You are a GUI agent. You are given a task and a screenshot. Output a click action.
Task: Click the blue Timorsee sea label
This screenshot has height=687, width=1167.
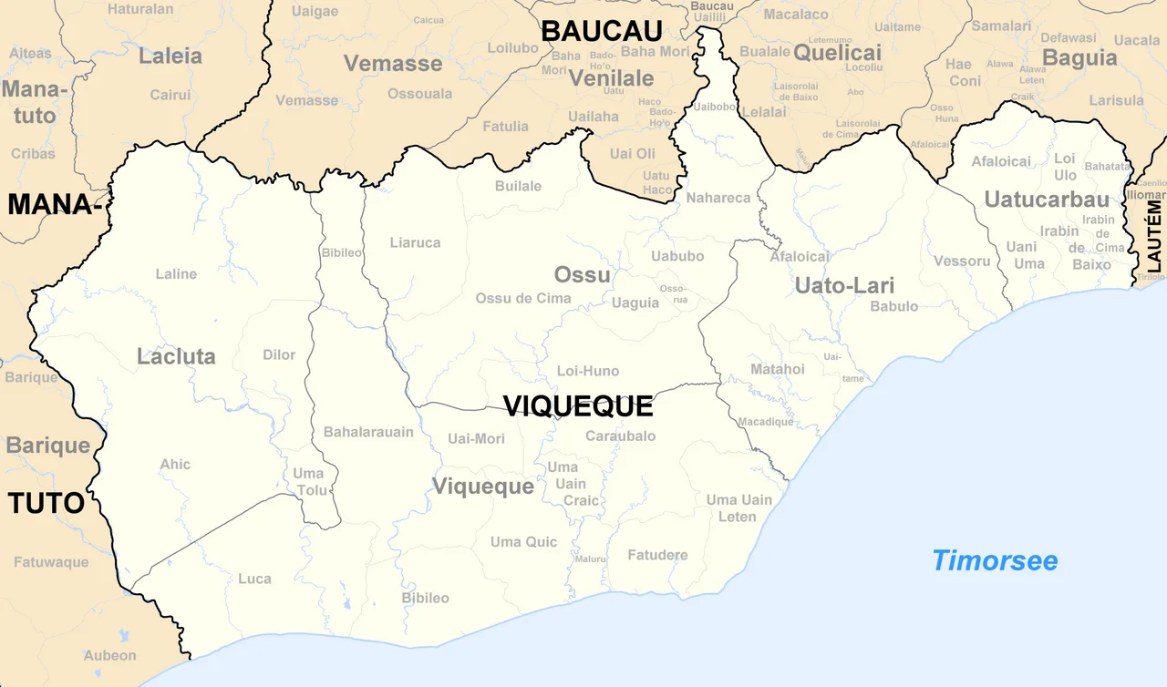point(995,560)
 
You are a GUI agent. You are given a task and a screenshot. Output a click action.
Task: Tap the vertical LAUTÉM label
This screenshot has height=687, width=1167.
point(1155,237)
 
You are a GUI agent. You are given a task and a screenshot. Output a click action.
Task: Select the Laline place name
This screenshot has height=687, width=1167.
point(176,273)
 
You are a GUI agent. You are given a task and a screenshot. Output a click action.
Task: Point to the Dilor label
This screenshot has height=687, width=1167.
point(279,354)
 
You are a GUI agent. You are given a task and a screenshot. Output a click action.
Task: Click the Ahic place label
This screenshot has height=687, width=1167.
point(175,464)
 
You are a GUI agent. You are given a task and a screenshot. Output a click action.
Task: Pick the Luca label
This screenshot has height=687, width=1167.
point(254,578)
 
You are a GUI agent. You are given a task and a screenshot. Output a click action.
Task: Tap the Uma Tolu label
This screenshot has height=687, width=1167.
point(308,482)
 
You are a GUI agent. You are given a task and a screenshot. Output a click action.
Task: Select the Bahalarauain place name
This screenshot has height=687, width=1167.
point(368,431)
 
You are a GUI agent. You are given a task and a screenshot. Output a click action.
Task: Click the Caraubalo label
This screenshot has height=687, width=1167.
point(620,436)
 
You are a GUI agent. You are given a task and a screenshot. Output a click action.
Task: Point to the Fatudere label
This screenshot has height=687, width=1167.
point(657,554)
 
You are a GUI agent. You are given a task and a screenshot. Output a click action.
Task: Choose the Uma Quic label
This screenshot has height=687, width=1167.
point(523,542)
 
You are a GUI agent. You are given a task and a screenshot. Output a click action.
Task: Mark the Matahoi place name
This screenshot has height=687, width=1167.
point(777,369)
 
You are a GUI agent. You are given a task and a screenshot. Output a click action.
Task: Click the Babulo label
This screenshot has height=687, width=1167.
point(893,306)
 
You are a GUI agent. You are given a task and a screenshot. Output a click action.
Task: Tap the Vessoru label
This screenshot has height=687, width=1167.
point(962,261)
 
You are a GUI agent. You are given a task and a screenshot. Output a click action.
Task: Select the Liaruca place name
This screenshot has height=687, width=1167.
point(415,242)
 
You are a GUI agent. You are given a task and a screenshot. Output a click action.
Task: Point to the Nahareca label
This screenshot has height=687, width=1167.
point(718,198)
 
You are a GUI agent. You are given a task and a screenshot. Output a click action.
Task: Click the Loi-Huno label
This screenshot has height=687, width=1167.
point(588,371)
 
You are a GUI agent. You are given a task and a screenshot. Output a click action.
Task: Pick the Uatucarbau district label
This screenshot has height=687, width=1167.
point(1047,199)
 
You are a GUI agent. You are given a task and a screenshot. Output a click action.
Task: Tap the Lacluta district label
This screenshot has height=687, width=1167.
point(176,356)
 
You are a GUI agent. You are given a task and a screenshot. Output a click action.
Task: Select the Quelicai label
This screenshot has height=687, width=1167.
point(837,53)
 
